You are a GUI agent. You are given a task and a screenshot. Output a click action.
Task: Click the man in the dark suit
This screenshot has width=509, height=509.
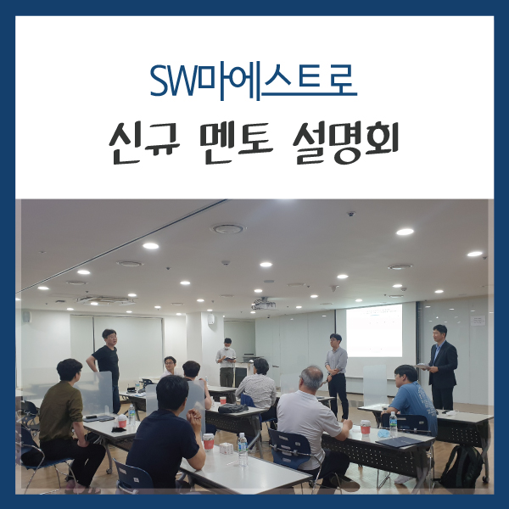tap(441, 365)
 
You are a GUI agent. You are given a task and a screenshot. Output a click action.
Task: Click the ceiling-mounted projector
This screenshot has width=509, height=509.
tap(264, 304)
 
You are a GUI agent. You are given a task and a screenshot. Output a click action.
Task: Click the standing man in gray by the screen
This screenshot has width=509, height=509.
tap(337, 369)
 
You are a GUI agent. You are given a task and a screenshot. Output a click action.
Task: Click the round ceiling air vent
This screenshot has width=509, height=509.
tap(227, 228)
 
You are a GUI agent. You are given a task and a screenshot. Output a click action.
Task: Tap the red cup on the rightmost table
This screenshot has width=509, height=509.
tap(366, 426)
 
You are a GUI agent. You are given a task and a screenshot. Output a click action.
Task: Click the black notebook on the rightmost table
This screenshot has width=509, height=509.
tap(399, 441)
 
